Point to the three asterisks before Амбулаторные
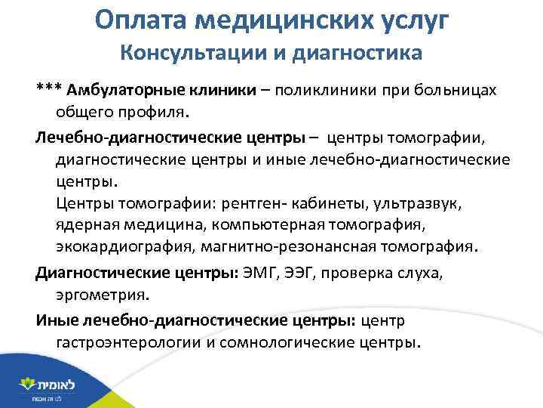point(50,91)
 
